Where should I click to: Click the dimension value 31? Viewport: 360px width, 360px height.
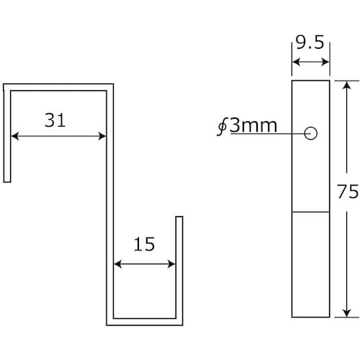click(x=55, y=121)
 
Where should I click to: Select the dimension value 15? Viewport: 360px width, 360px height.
click(x=145, y=246)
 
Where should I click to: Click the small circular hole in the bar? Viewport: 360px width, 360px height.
click(x=311, y=133)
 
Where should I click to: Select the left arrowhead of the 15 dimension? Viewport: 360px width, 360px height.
click(x=118, y=264)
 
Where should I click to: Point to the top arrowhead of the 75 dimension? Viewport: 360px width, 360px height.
click(x=346, y=84)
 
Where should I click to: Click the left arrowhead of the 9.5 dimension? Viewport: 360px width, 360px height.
click(x=295, y=64)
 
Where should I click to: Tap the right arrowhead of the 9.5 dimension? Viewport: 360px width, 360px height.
click(x=326, y=64)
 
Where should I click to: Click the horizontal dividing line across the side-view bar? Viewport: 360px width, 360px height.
click(x=310, y=212)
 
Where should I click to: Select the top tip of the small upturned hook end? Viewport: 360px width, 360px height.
click(x=179, y=216)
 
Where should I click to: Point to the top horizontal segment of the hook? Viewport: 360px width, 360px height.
click(x=58, y=86)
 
